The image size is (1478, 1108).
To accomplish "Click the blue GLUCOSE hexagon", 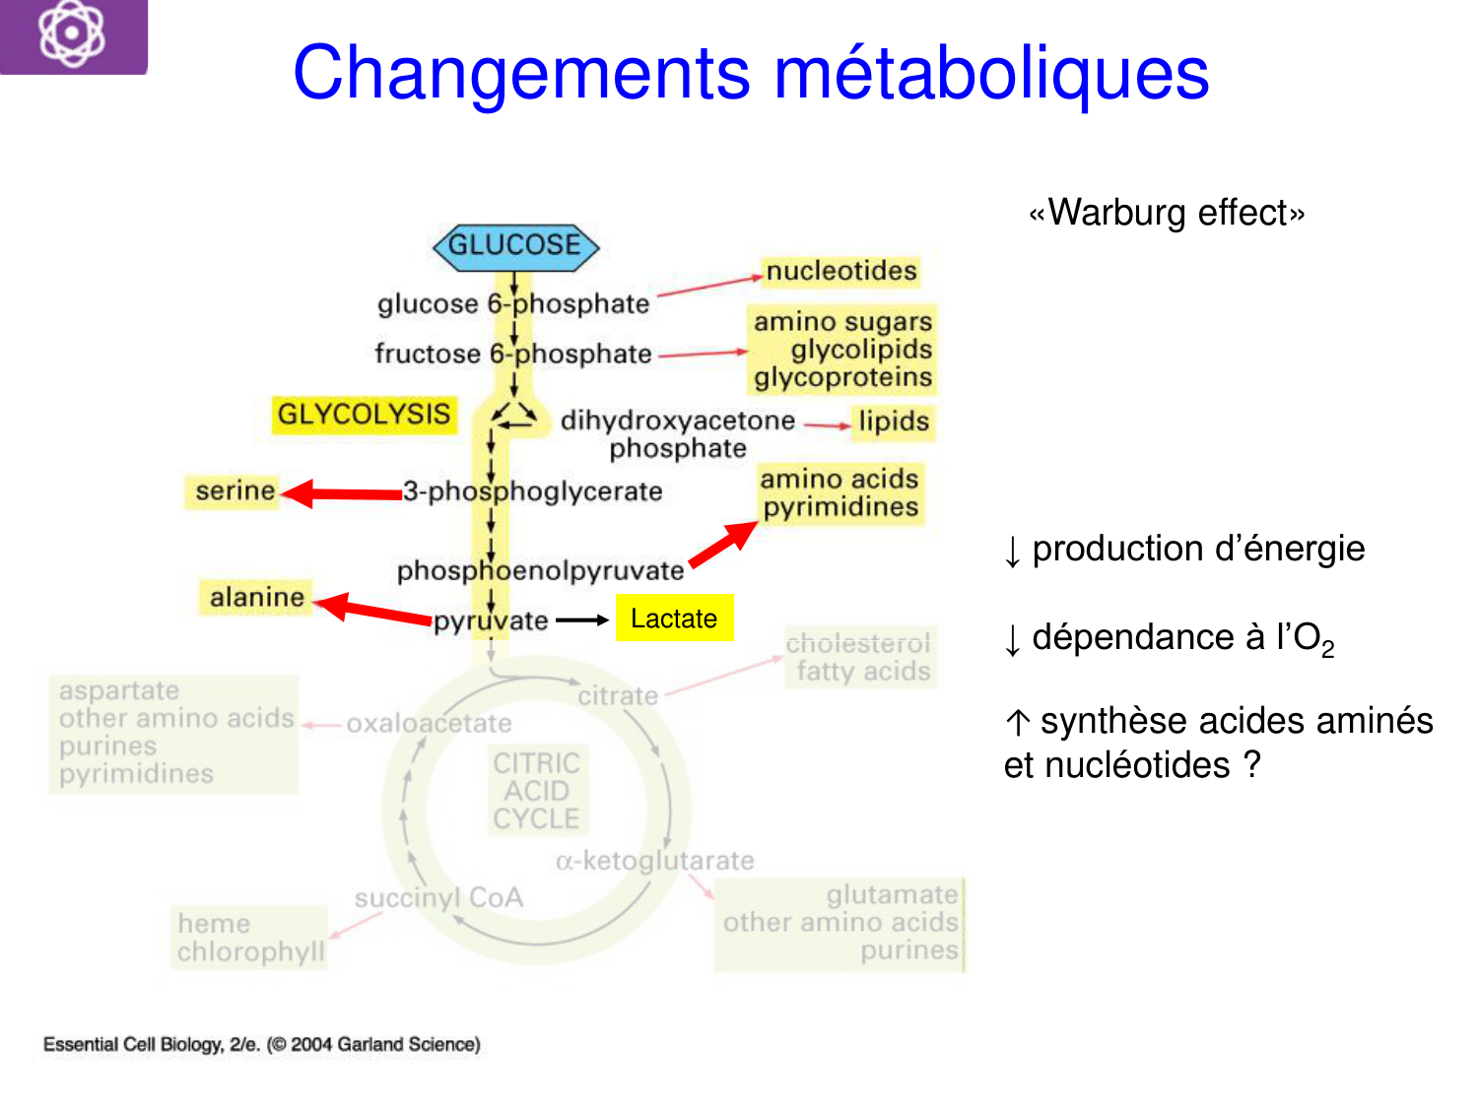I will (x=515, y=246).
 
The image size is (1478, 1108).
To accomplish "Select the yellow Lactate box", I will (x=674, y=619).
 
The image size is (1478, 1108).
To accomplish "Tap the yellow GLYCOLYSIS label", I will (x=364, y=415).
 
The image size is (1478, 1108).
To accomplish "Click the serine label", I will (x=235, y=490).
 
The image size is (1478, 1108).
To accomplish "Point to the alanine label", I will (x=256, y=597).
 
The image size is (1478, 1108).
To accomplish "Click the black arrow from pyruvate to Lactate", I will (x=581, y=620).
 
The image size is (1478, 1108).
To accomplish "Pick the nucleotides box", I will (x=841, y=271).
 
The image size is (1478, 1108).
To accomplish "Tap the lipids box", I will (x=894, y=422).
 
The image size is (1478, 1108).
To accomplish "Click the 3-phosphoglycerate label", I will (x=533, y=491).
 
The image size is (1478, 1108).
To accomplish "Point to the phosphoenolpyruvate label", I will (x=540, y=571).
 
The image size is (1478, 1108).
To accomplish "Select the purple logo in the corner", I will (x=73, y=35).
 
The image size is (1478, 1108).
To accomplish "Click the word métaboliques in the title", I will (x=991, y=74).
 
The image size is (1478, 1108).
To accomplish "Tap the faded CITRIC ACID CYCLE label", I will (x=537, y=791).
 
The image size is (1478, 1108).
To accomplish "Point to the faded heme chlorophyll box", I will (x=249, y=938).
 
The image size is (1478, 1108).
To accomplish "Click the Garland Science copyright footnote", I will (x=261, y=1045).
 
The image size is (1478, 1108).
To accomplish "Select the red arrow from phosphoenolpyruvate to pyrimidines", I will (x=723, y=545).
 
